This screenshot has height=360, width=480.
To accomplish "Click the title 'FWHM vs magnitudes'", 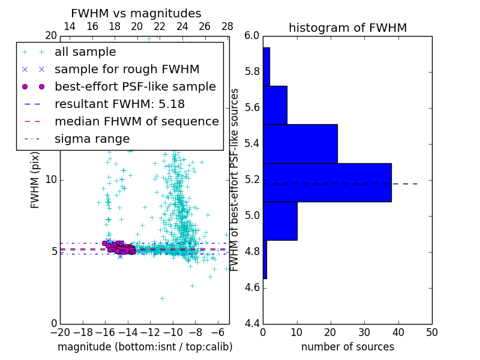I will click(x=136, y=14).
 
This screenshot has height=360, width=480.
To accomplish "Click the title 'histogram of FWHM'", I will click(x=347, y=28).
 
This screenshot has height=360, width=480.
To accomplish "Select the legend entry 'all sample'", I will click(x=85, y=52).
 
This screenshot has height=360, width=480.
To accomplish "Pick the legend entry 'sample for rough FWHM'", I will click(x=127, y=70).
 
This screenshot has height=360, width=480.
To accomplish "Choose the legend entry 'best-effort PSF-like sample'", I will click(x=135, y=87).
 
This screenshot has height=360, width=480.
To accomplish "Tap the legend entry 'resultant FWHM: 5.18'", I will click(x=119, y=104).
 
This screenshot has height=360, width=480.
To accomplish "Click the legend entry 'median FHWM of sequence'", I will click(x=136, y=122).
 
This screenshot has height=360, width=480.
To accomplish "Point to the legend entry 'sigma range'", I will click(x=92, y=139).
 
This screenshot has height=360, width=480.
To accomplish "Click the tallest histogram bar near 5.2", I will click(x=327, y=182).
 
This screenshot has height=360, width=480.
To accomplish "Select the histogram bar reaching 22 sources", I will click(x=300, y=143).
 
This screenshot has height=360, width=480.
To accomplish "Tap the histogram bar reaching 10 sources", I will click(x=280, y=221).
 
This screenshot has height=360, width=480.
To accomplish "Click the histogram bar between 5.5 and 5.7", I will click(x=275, y=105).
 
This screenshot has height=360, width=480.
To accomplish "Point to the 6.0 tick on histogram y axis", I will click(x=252, y=36).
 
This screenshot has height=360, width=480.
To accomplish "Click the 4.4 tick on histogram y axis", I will click(x=252, y=323).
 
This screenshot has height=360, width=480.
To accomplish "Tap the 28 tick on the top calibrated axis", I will click(x=227, y=27).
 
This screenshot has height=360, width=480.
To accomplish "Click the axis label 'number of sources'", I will click(x=347, y=347).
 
